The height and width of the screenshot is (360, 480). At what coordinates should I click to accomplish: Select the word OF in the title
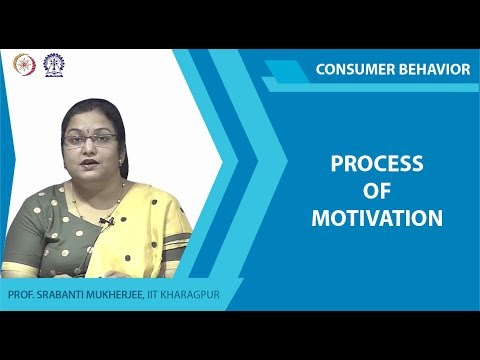click(377, 191)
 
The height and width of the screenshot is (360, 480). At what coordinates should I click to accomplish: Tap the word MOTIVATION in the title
click(377, 217)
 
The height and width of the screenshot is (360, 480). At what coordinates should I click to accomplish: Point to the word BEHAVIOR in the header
click(434, 69)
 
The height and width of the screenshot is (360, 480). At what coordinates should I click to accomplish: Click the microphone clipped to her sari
click(107, 219)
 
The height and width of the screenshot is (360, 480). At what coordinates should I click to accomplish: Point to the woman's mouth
click(91, 164)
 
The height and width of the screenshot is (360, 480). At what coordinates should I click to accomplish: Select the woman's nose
click(90, 150)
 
